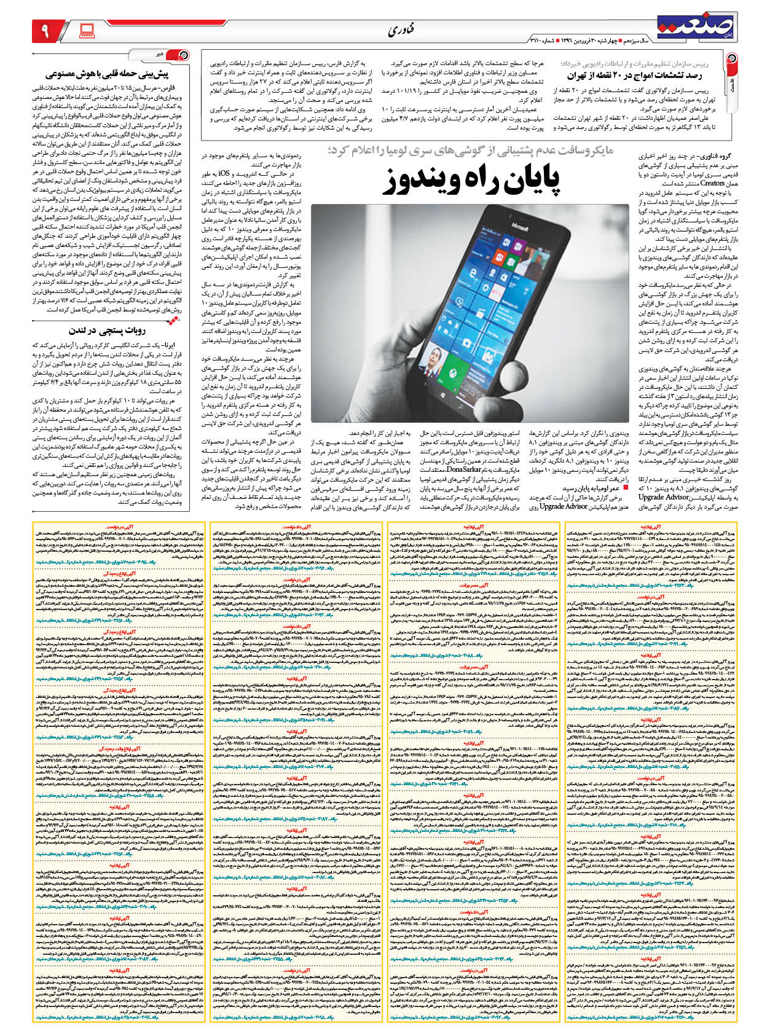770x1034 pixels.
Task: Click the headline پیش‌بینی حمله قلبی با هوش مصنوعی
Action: pos(117,74)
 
